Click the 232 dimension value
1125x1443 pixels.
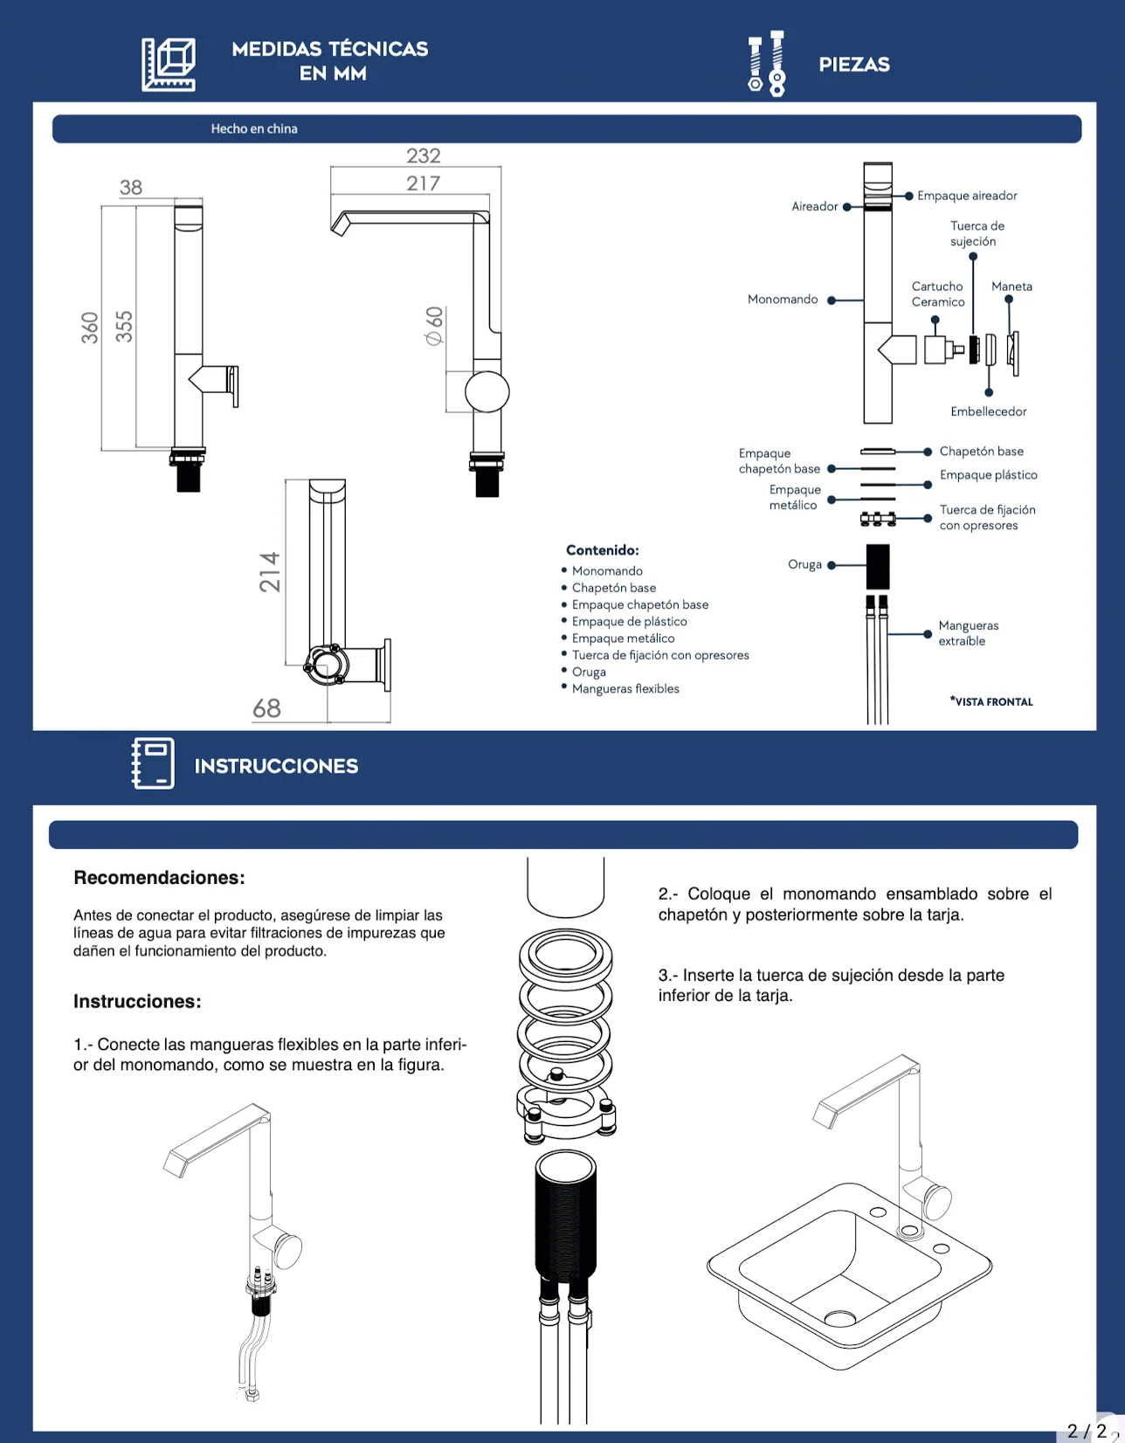point(424,155)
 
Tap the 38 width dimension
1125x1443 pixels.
point(131,187)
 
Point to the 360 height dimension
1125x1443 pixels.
point(90,328)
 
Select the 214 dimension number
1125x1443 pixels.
point(270,572)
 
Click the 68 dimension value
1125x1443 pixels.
point(266,708)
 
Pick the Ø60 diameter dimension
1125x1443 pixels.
point(433,326)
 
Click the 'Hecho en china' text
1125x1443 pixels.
point(254,128)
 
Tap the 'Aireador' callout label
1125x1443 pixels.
point(814,206)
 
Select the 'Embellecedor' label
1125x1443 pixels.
point(988,411)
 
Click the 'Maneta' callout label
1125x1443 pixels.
point(1011,287)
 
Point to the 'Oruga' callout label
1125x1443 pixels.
point(804,564)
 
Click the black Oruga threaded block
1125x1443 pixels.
point(878,566)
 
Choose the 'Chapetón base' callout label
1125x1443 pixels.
point(981,451)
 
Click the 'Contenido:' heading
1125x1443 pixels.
point(602,549)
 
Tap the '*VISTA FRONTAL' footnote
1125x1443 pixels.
point(991,701)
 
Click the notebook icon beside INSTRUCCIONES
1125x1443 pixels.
point(154,763)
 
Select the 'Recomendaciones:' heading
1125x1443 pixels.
point(159,877)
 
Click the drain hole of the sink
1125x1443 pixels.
point(839,1317)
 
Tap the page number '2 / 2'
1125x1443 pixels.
point(1087,1431)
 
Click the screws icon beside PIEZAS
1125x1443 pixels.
point(767,64)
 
